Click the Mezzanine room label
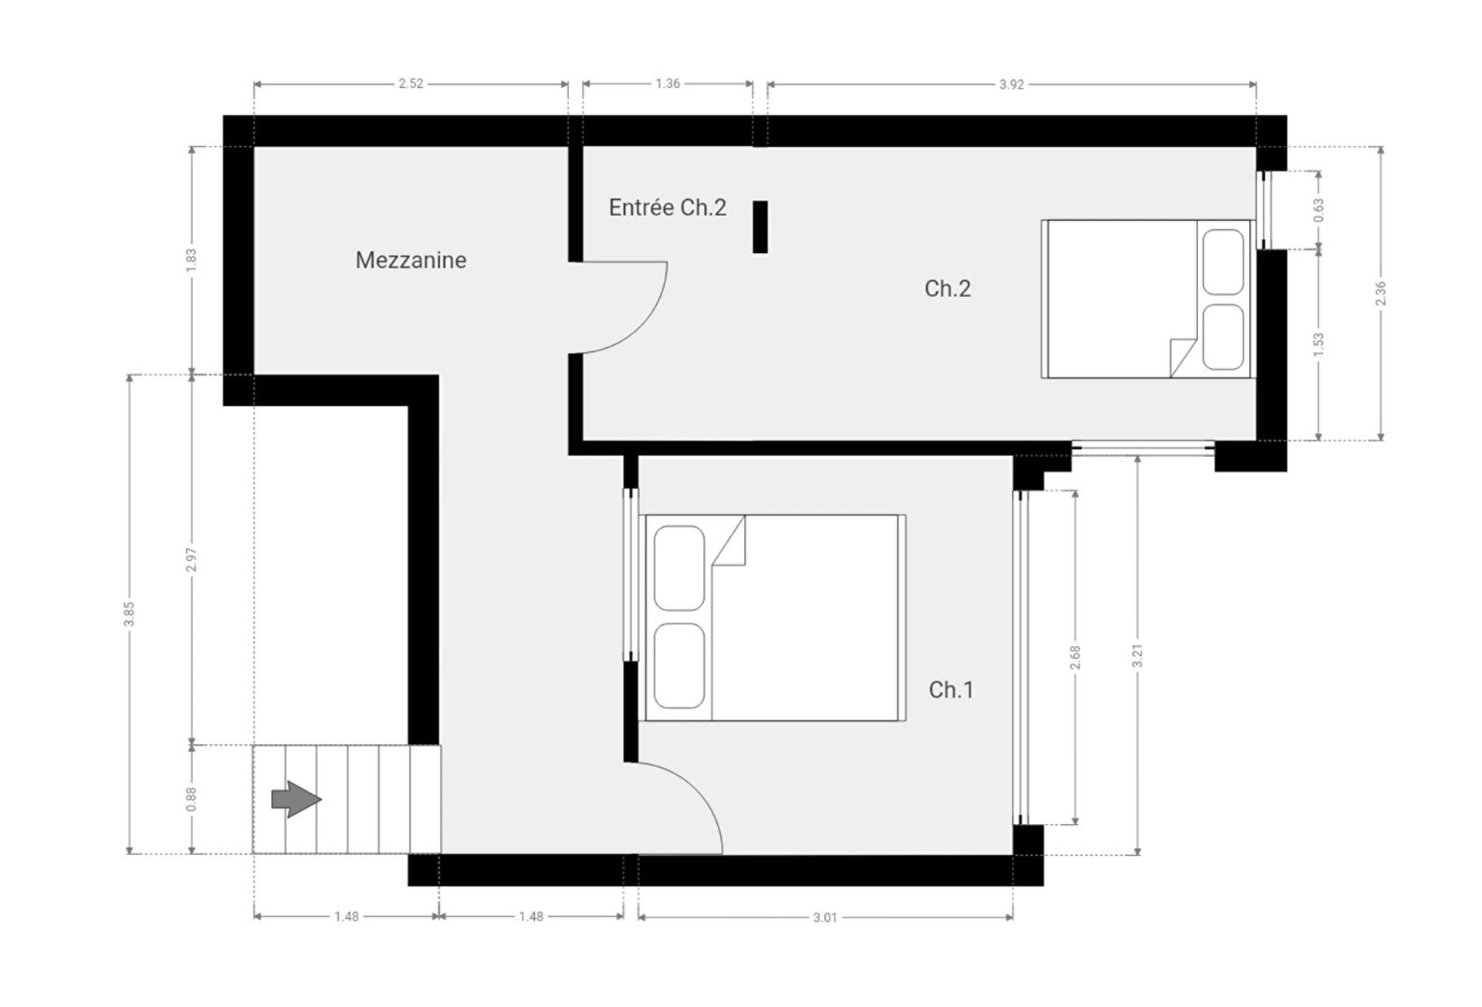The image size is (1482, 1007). (411, 260)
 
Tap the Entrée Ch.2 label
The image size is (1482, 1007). (668, 207)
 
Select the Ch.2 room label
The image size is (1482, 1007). (948, 288)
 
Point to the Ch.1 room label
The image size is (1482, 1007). (951, 689)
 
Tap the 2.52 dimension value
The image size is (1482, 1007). (411, 83)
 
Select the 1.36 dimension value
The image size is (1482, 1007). (668, 83)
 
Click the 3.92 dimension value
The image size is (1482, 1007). (1011, 84)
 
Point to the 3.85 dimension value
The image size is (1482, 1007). (129, 613)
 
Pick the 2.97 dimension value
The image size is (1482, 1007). (191, 559)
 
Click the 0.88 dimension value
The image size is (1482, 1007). (191, 799)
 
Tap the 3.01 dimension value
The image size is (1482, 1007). (825, 917)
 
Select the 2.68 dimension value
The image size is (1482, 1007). (1075, 657)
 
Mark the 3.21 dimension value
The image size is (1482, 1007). (1137, 656)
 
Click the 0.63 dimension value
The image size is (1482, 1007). (1318, 210)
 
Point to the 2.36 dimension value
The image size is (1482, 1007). (1381, 293)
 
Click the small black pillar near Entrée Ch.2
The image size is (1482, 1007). (760, 227)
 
